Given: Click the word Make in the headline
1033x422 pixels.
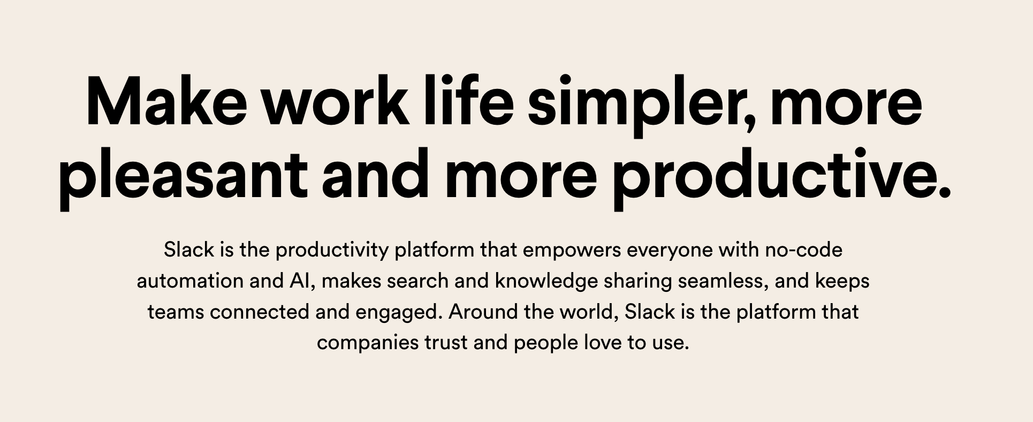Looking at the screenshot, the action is click(166, 102).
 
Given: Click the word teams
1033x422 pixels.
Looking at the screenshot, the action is click(176, 312).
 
